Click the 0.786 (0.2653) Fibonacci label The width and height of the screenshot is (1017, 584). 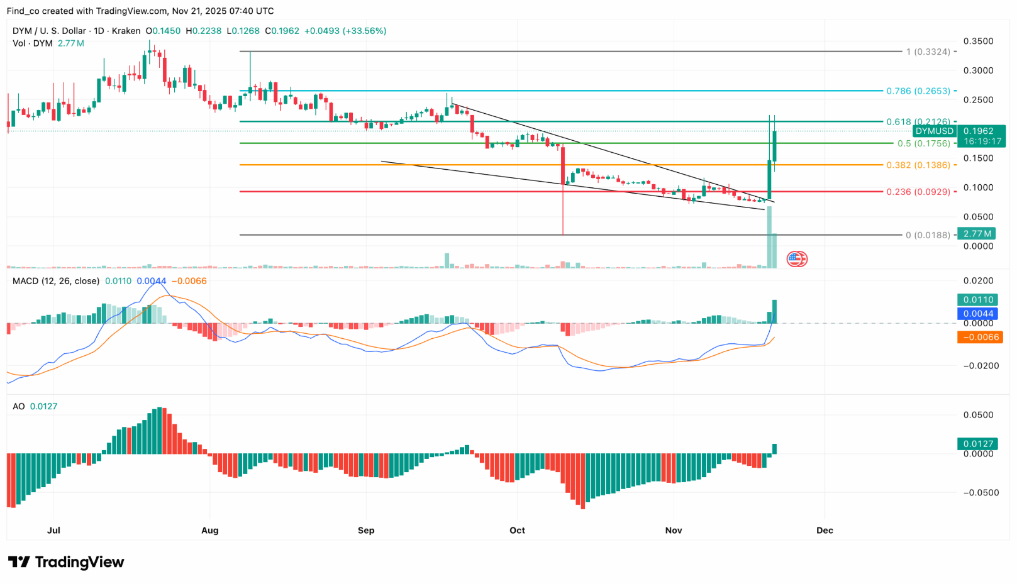click(918, 91)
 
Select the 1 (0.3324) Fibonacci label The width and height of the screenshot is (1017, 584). click(928, 52)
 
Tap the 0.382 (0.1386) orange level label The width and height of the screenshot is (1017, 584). click(918, 165)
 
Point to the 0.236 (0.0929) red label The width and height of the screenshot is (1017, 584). click(918, 192)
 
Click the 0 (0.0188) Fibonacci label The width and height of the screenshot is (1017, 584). click(928, 235)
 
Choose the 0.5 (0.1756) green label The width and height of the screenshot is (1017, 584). click(923, 143)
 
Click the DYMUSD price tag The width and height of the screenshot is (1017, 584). click(934, 131)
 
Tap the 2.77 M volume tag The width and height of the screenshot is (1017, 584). click(976, 234)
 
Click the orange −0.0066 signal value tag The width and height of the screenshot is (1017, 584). click(979, 338)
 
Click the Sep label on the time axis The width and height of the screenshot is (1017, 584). click(366, 531)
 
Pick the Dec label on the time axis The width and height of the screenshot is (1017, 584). click(825, 531)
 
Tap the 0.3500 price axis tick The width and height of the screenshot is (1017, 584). click(978, 41)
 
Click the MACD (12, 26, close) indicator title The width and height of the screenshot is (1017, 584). click(56, 281)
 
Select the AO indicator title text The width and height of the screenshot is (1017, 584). click(19, 407)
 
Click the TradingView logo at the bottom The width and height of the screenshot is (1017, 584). click(66, 562)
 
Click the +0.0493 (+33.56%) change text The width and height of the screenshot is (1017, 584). click(345, 31)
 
